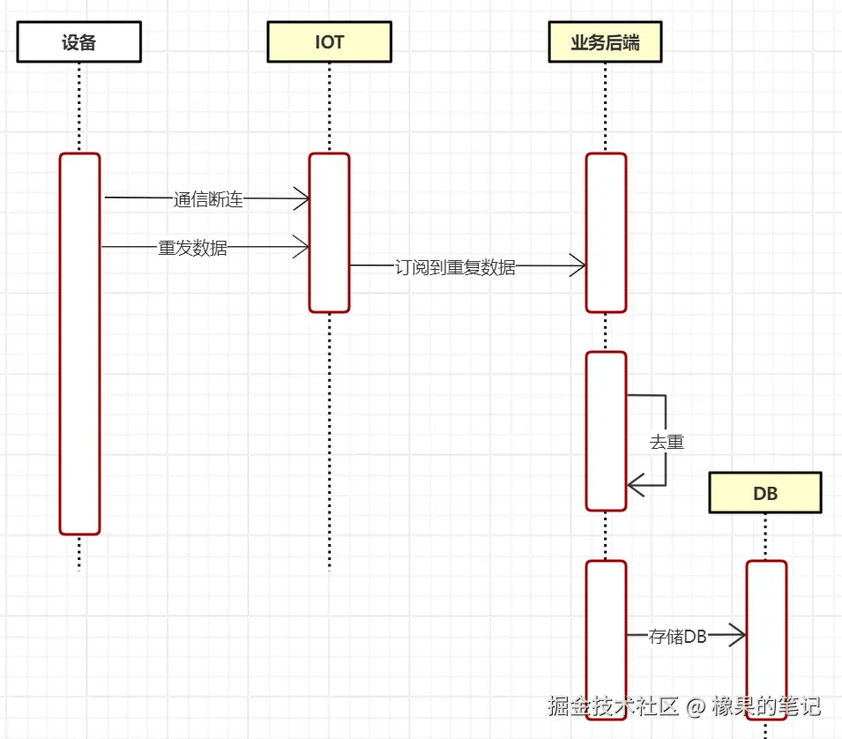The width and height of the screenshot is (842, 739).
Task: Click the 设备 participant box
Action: (x=78, y=42)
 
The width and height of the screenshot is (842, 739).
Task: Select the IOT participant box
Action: (x=329, y=42)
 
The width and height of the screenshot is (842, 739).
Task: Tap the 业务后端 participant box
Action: (x=604, y=42)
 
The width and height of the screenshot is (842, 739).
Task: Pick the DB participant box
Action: (x=765, y=493)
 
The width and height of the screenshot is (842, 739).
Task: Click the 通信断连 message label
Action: (x=208, y=199)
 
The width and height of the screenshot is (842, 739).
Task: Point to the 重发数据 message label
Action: (x=192, y=248)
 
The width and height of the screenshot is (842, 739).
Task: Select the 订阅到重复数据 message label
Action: (x=455, y=267)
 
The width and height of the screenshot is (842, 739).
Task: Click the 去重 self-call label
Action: (x=667, y=442)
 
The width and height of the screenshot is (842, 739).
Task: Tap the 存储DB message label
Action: (x=677, y=636)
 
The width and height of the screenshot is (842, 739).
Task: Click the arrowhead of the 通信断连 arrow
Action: (x=302, y=199)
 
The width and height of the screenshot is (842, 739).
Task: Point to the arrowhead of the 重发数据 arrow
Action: (x=302, y=248)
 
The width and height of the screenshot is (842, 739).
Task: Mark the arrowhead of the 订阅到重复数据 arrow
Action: (x=578, y=265)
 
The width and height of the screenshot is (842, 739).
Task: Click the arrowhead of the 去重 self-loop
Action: (x=635, y=484)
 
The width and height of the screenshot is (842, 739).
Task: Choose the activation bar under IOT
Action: (x=329, y=233)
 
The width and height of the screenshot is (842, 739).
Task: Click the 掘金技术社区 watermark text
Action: (x=613, y=705)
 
